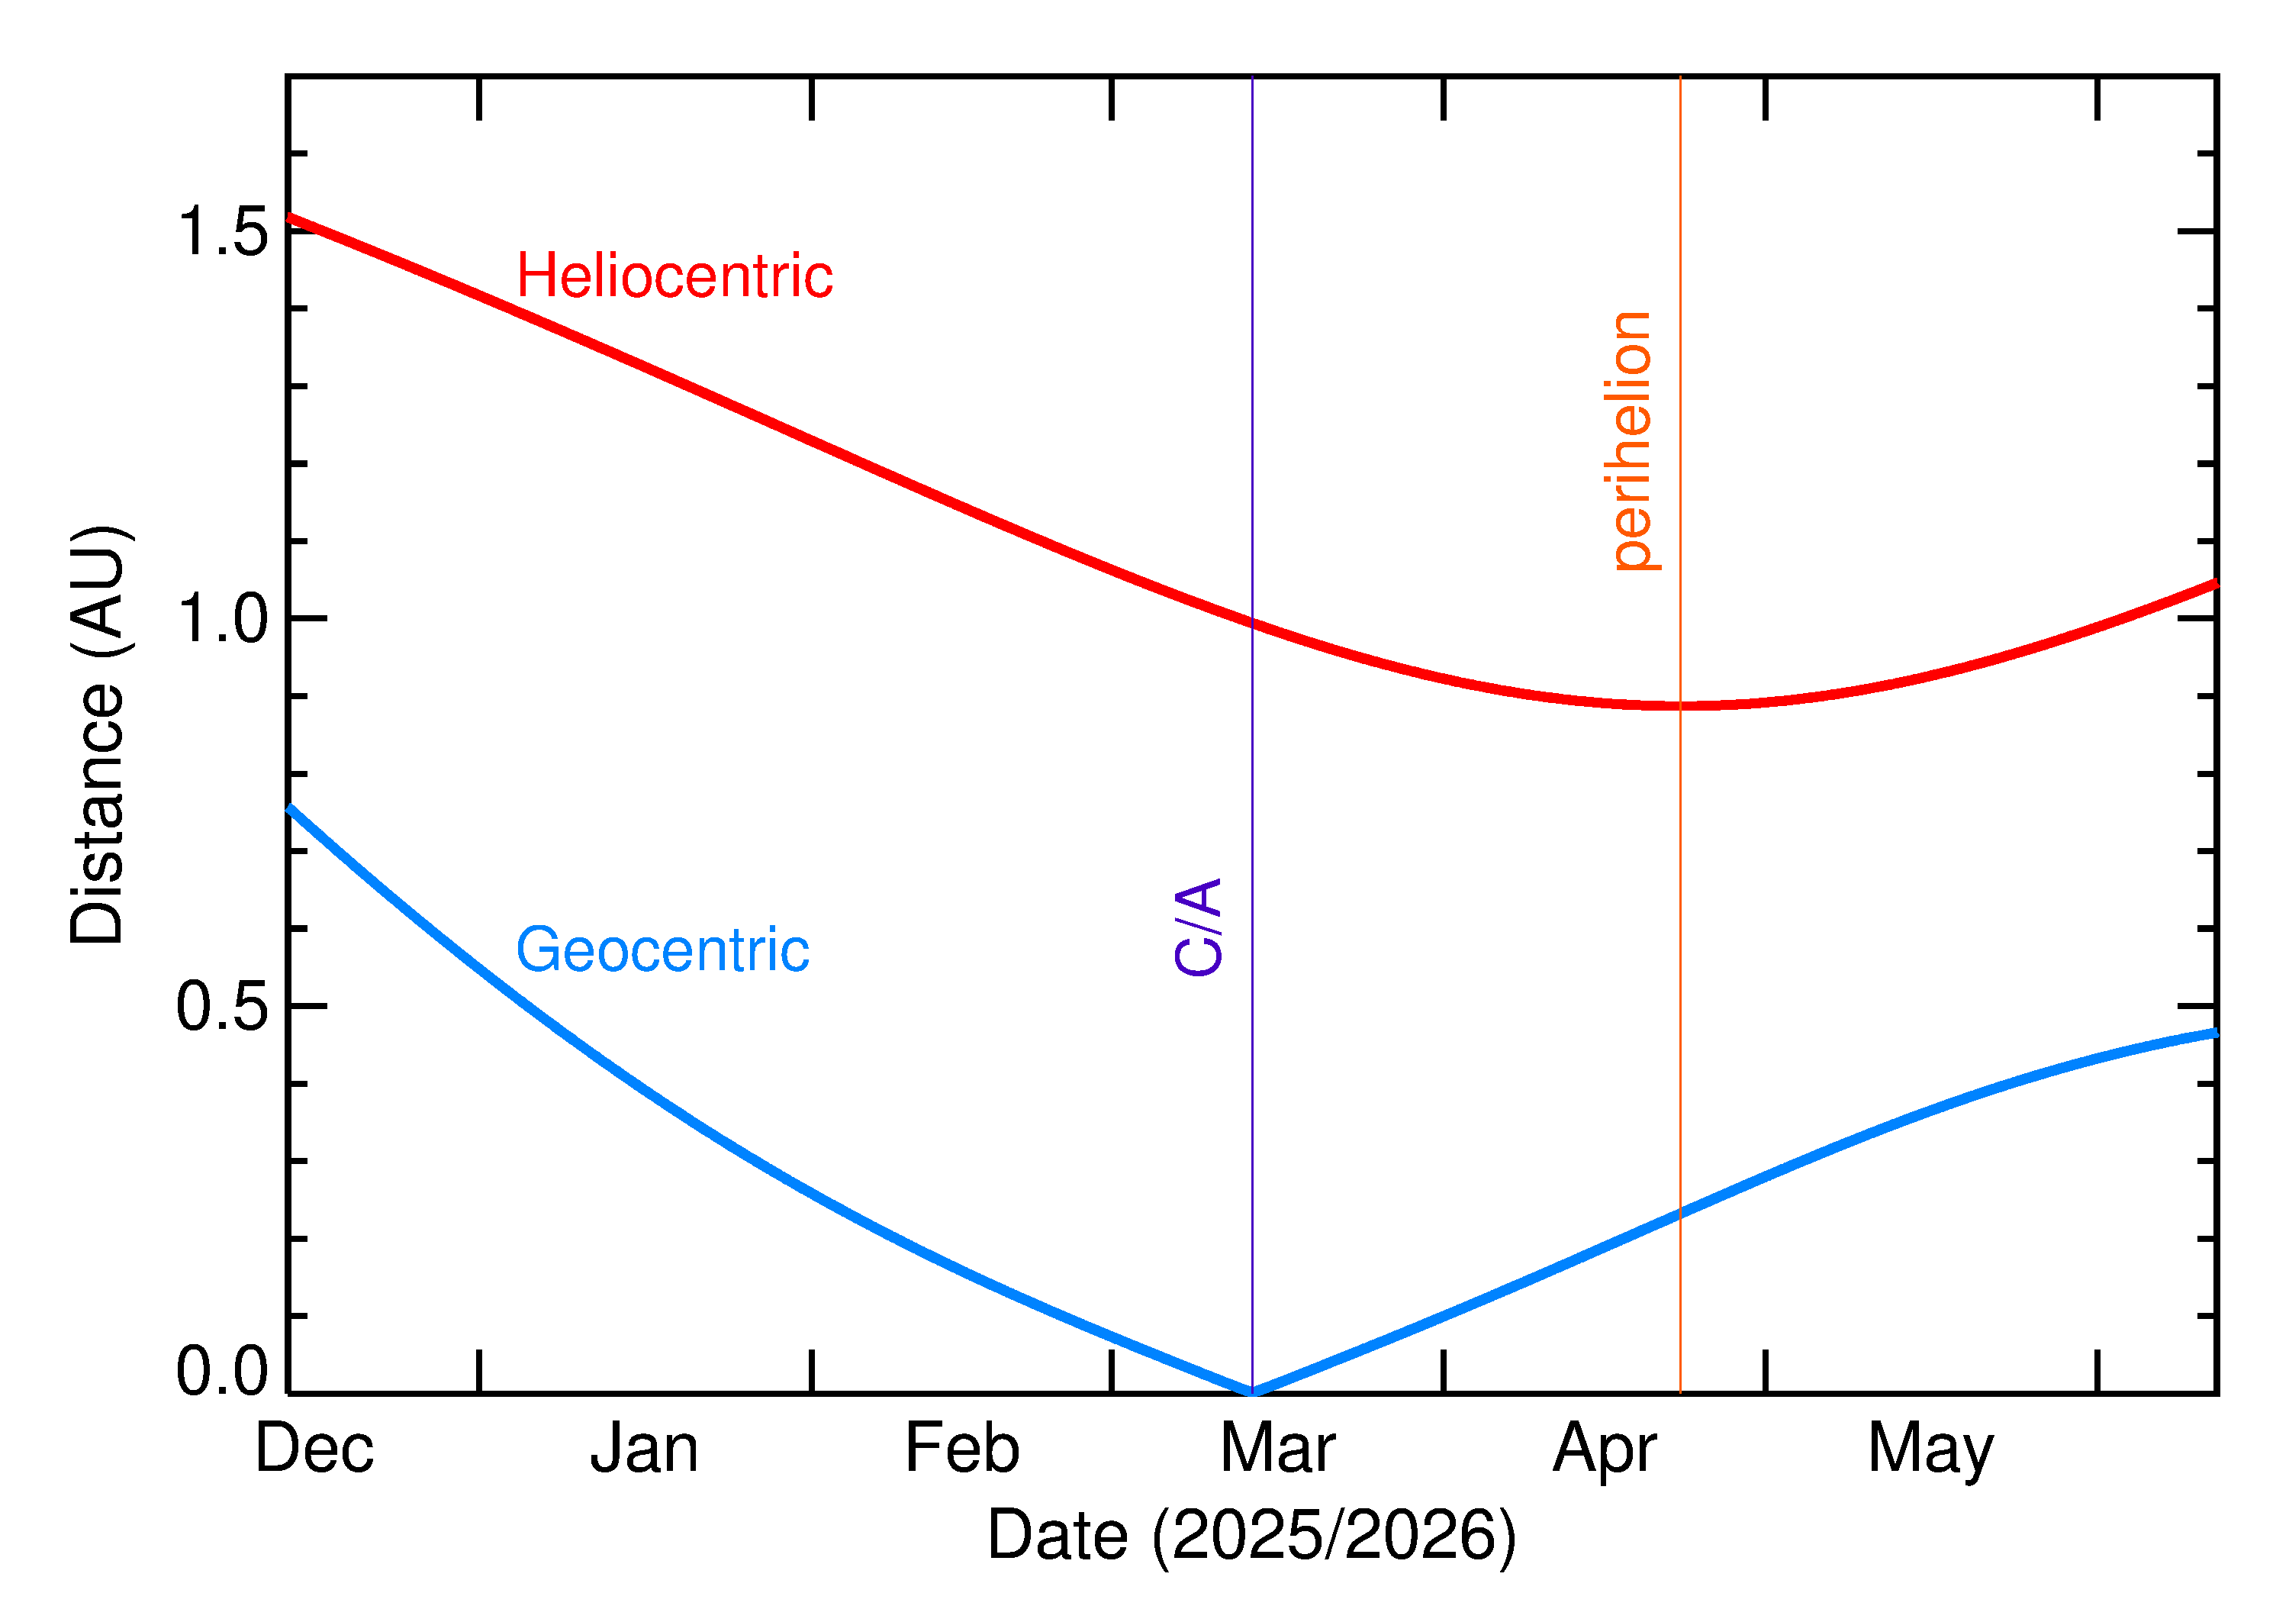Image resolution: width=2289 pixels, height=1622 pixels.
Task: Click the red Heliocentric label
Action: (674, 276)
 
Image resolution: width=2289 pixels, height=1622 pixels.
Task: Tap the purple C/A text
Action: (1198, 926)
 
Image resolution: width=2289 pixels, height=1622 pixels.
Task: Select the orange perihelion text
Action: (1631, 440)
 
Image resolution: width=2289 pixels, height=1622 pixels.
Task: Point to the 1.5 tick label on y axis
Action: (223, 232)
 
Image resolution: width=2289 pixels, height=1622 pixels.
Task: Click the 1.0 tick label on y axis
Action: (223, 618)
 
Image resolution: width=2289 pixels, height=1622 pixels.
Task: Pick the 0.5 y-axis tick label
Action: (223, 1006)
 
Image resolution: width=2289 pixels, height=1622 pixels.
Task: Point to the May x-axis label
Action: (1930, 1450)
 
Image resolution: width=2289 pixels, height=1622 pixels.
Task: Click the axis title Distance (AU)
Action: (97, 734)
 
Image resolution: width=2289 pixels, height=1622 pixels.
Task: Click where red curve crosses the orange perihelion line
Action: (1680, 705)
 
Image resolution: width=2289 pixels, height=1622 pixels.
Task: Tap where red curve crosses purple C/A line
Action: (1252, 624)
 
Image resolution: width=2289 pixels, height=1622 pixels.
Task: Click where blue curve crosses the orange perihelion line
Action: (1680, 1214)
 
